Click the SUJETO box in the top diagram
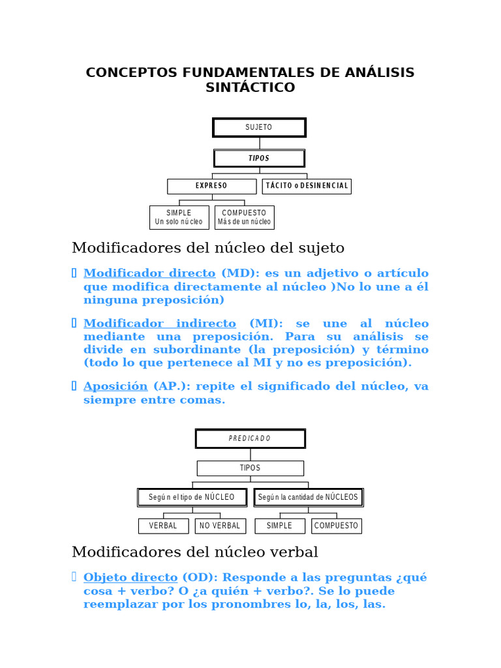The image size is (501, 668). pyautogui.click(x=259, y=127)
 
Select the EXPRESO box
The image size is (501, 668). pyautogui.click(x=211, y=186)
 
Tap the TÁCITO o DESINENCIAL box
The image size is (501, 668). pyautogui.click(x=307, y=186)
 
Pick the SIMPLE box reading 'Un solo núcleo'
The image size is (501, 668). pyautogui.click(x=179, y=217)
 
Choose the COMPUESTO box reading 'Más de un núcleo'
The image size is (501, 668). pyautogui.click(x=244, y=217)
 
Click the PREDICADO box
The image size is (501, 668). pyautogui.click(x=250, y=438)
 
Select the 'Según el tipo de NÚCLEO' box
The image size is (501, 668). pyautogui.click(x=192, y=497)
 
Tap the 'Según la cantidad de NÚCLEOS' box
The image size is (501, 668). pyautogui.click(x=308, y=497)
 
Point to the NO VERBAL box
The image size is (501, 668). pyautogui.click(x=220, y=526)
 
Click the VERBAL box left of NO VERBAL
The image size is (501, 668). pyautogui.click(x=163, y=526)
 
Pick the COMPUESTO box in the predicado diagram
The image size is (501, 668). pyautogui.click(x=337, y=526)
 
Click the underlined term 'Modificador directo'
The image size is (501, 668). pyautogui.click(x=149, y=273)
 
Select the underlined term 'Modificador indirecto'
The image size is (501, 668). pyautogui.click(x=160, y=324)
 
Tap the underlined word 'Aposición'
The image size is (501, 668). pyautogui.click(x=115, y=386)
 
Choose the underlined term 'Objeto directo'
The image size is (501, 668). pyautogui.click(x=130, y=577)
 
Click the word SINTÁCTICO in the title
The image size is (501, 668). pyautogui.click(x=250, y=87)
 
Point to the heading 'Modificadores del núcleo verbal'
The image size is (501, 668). pyautogui.click(x=195, y=552)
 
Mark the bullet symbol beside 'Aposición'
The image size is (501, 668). pyautogui.click(x=74, y=386)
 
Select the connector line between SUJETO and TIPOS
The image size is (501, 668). pyautogui.click(x=259, y=143)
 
